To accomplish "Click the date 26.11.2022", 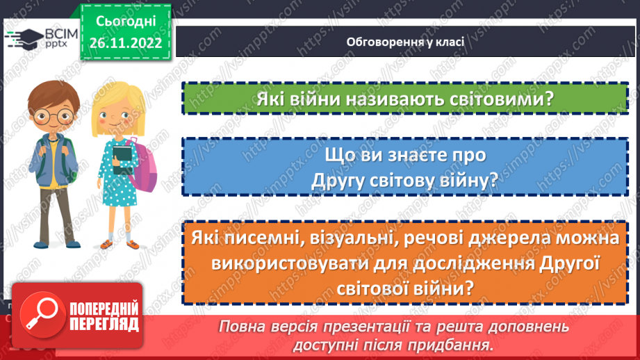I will click(125, 42).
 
